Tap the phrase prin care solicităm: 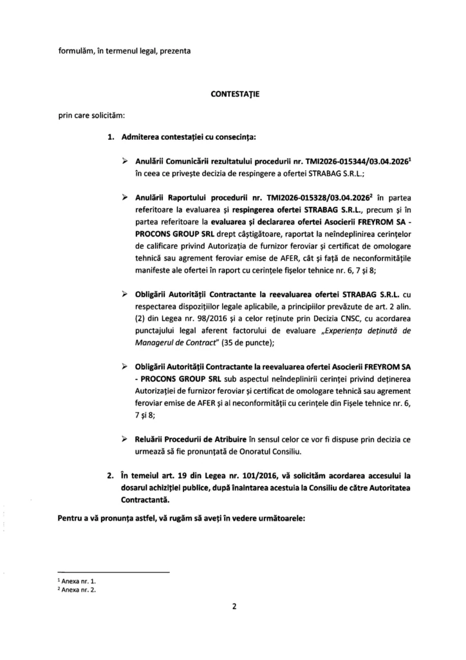[x=84, y=115]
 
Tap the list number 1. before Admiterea [x=111, y=137]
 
